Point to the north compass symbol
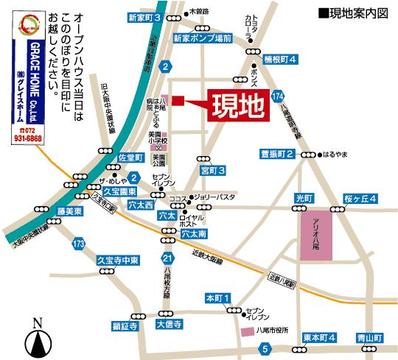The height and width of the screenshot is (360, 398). pos(38,339)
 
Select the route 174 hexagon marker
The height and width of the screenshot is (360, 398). pos(277,97)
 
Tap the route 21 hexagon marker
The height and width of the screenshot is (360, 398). pos(168,258)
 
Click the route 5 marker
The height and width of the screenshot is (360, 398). pos(265,349)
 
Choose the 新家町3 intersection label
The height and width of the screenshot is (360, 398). pos(144,16)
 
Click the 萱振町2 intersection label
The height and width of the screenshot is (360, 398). pos(277,154)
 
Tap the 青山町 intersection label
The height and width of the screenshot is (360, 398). pos(366,338)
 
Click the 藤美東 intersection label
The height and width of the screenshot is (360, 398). pos(48,211)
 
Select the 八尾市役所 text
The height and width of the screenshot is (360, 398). pos(273,331)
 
